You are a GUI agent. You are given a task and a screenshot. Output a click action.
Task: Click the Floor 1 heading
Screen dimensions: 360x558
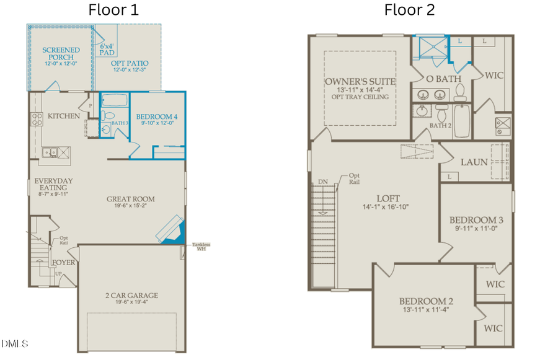113,10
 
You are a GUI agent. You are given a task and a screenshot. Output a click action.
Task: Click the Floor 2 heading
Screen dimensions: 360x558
409,10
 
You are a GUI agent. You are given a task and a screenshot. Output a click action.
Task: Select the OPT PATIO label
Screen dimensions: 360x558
130,63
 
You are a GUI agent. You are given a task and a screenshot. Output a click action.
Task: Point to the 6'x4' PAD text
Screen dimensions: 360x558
107,50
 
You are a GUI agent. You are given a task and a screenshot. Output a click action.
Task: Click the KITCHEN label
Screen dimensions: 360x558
64,116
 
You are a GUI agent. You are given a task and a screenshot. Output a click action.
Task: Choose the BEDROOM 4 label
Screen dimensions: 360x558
157,116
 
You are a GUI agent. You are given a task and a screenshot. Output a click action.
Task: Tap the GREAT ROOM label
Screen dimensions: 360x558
130,199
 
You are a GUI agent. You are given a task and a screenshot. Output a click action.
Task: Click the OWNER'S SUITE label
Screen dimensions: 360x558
360,81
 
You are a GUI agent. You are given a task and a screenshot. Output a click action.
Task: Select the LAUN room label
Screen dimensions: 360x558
474,162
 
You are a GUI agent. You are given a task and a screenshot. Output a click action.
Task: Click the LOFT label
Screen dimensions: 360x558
385,198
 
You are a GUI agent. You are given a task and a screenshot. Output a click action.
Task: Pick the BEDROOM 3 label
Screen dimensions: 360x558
476,220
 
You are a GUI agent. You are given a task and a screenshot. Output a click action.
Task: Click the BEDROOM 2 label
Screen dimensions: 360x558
426,302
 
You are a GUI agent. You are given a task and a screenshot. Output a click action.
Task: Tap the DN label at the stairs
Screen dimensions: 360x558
322,182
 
